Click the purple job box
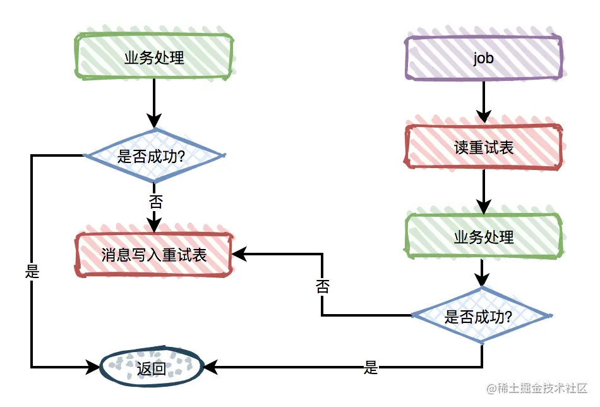click(484, 58)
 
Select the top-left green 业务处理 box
click(154, 57)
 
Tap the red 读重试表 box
click(484, 147)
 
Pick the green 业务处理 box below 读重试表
click(484, 236)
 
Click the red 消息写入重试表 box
click(154, 255)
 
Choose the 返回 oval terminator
click(152, 368)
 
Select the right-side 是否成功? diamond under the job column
click(481, 316)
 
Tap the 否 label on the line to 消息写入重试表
click(323, 286)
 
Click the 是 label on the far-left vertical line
click(32, 271)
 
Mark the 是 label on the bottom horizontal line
click(370, 368)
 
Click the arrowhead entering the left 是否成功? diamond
click(154, 121)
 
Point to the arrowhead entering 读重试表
click(484, 116)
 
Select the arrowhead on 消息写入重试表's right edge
click(239, 254)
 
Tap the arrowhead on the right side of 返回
click(210, 367)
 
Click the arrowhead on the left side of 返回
click(93, 367)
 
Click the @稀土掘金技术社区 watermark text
click(537, 388)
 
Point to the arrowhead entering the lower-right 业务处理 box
click(484, 207)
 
